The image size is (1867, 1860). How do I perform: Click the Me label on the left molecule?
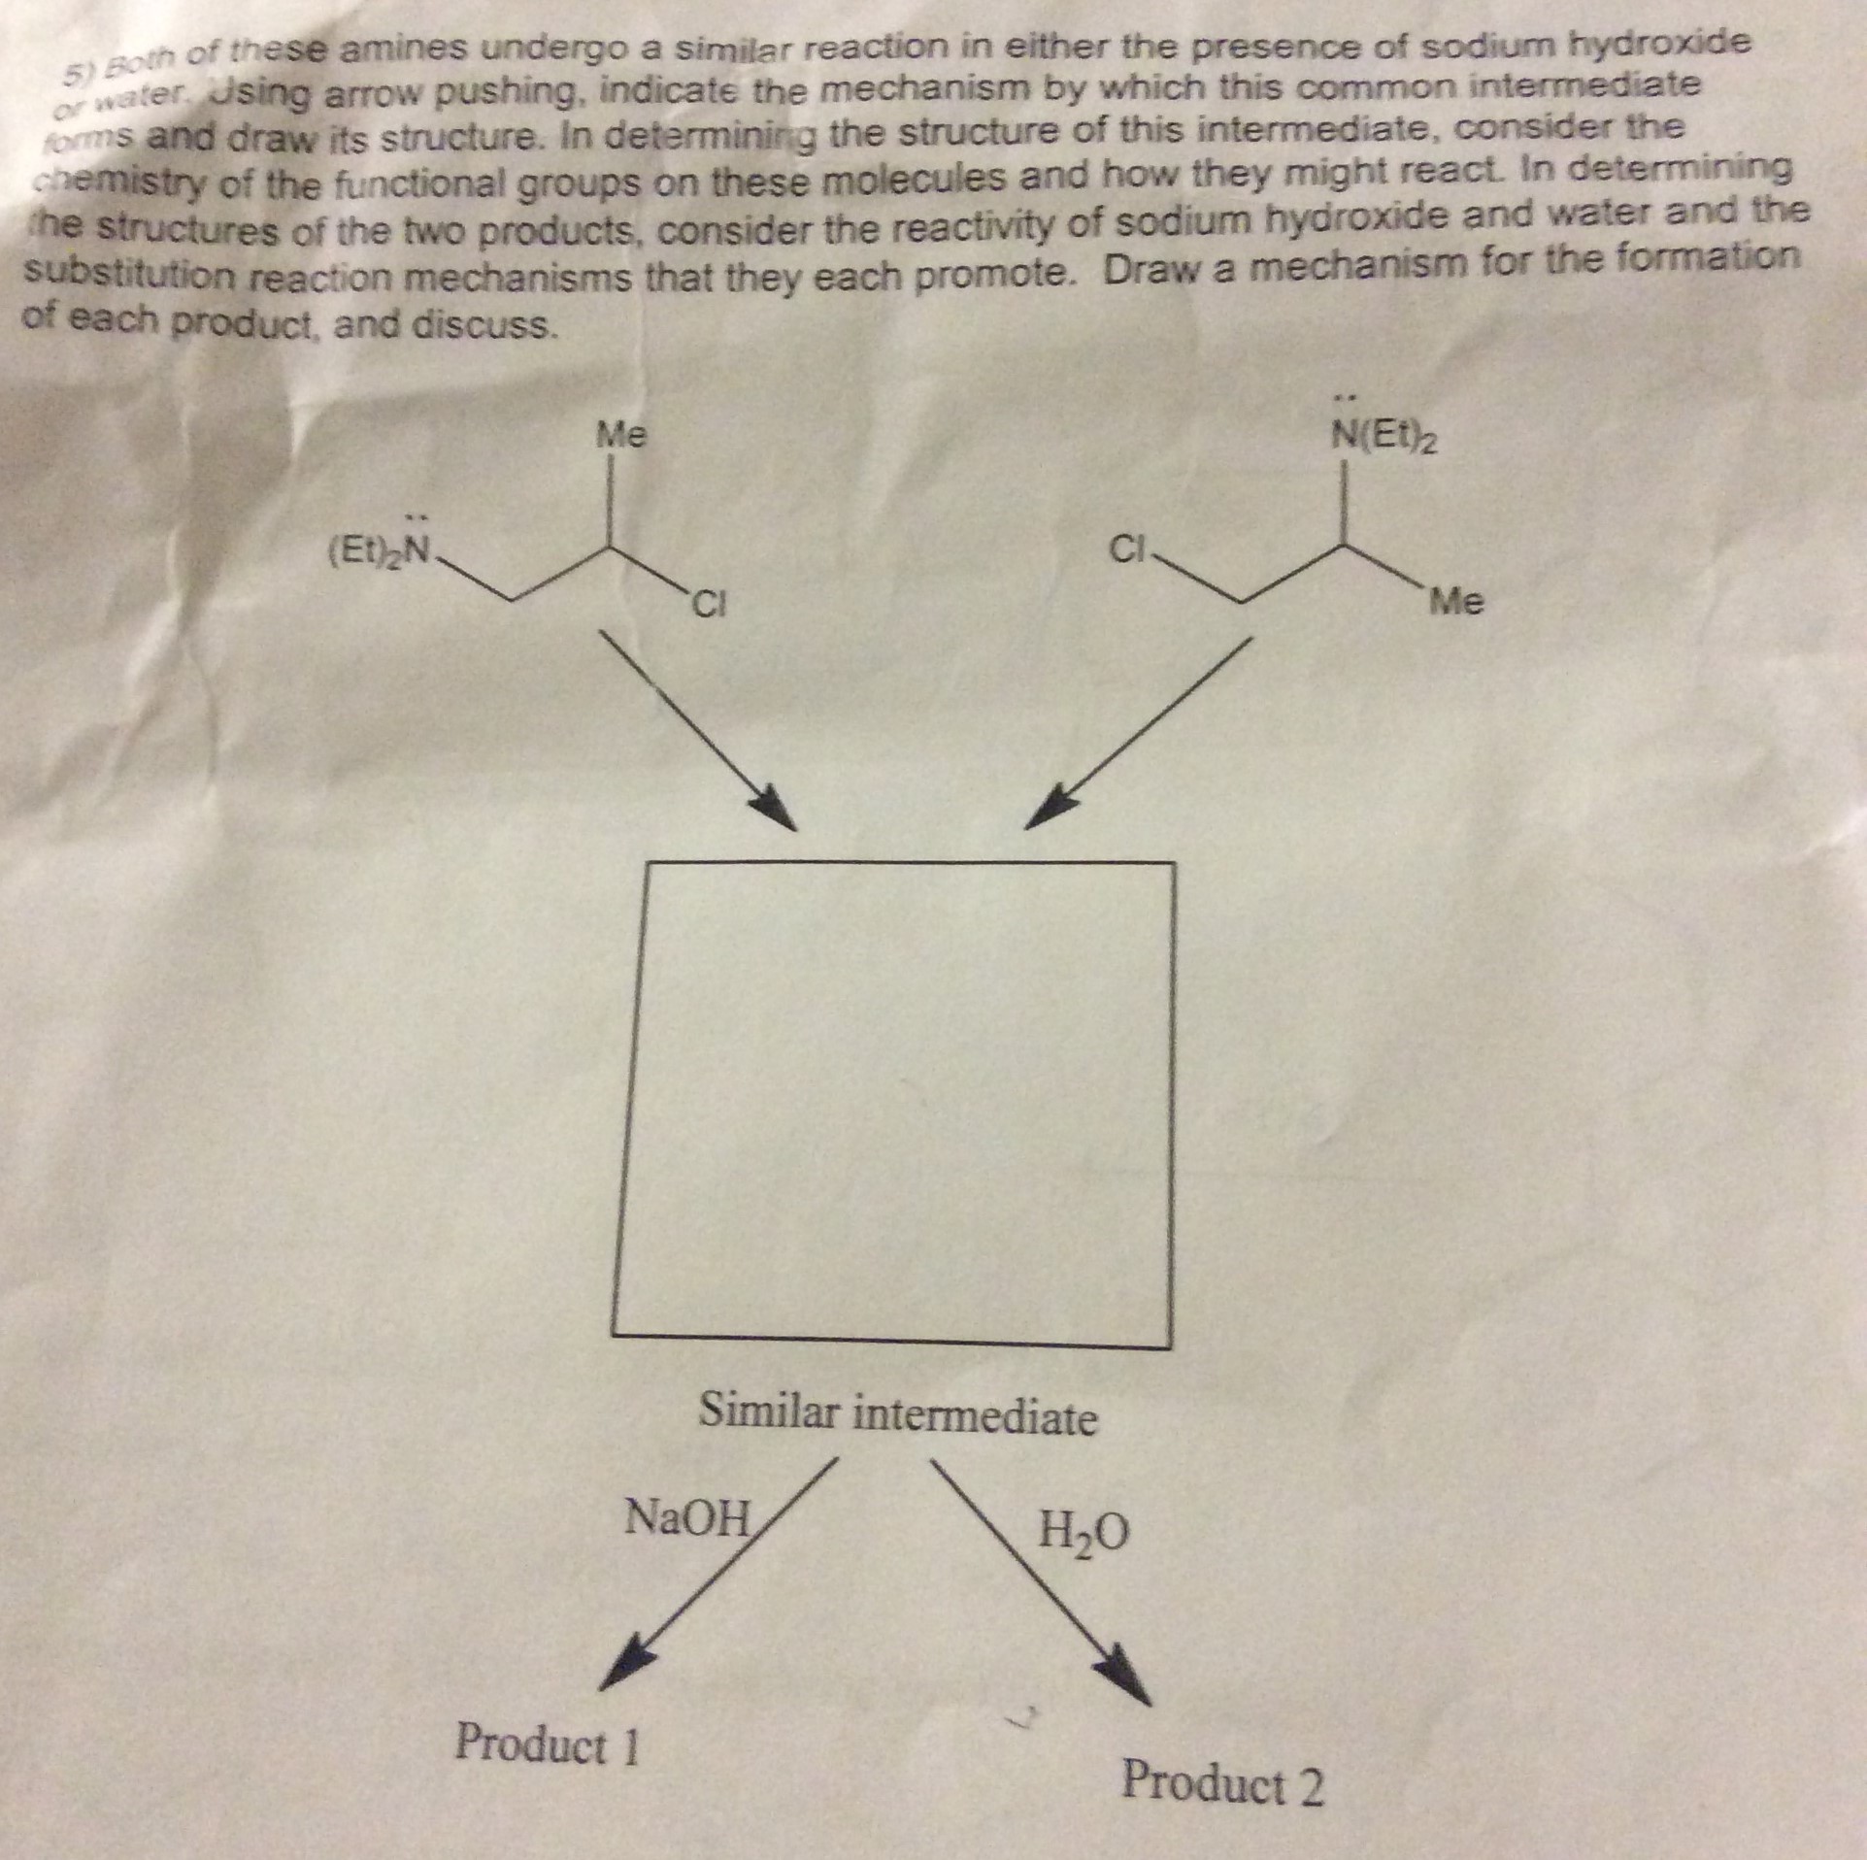(x=620, y=435)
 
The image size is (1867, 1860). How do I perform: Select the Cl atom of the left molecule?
(x=709, y=609)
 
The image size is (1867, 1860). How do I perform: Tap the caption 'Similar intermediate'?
(x=898, y=1416)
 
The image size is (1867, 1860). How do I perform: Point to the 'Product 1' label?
(x=548, y=1744)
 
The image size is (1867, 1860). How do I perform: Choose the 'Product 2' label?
(x=1222, y=1782)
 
